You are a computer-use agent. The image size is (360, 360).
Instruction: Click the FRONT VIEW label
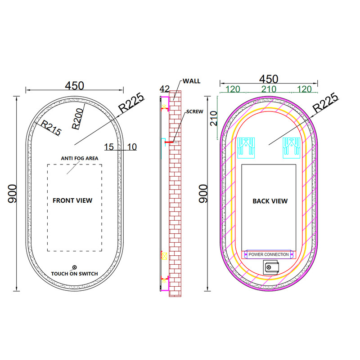click(72, 200)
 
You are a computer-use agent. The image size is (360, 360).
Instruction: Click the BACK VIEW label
click(270, 201)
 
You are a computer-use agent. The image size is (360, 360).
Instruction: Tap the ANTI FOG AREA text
click(80, 158)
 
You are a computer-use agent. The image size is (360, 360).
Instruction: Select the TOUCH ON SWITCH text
click(75, 274)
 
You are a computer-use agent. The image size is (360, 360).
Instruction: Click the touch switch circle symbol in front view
click(74, 267)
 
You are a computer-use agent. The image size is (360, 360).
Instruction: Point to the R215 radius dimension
click(51, 128)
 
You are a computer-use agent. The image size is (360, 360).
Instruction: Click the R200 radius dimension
click(77, 119)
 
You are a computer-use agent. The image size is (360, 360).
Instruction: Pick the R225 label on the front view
click(131, 102)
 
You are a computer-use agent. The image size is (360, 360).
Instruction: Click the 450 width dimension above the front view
click(75, 86)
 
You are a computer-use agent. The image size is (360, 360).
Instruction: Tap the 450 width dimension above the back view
click(269, 79)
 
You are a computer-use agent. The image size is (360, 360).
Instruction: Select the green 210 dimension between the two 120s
click(269, 89)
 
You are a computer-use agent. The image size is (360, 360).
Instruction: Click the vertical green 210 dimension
click(214, 118)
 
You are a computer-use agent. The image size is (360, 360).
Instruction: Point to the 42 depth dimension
click(165, 89)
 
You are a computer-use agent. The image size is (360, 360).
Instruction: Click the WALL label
click(192, 81)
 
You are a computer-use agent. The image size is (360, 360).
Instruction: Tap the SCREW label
click(195, 111)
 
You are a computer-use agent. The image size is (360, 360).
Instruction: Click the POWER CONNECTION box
click(269, 254)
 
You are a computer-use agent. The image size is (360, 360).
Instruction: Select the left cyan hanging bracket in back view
click(246, 148)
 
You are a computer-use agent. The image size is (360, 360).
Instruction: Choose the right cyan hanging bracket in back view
click(292, 148)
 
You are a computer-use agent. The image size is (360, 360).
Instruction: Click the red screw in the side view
click(170, 142)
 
